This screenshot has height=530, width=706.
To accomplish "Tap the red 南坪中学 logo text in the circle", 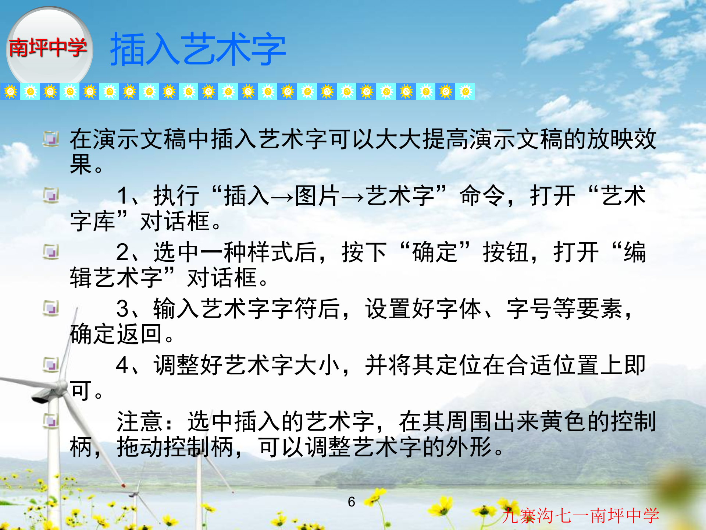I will [x=47, y=47].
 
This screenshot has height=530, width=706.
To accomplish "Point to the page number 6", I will [x=352, y=502].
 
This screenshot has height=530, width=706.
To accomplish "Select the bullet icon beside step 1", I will [x=51, y=195].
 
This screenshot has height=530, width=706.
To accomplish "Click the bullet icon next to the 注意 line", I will [x=51, y=420].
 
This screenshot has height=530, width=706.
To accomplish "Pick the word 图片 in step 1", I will [x=317, y=196].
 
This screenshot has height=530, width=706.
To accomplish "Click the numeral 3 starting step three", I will [x=122, y=309].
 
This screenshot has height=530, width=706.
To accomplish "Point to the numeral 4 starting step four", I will [x=122, y=365].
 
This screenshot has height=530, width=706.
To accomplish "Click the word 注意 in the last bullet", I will [x=140, y=422].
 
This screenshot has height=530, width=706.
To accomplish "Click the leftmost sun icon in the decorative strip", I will [x=10, y=92].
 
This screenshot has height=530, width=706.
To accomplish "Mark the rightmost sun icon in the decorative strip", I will [x=465, y=92].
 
